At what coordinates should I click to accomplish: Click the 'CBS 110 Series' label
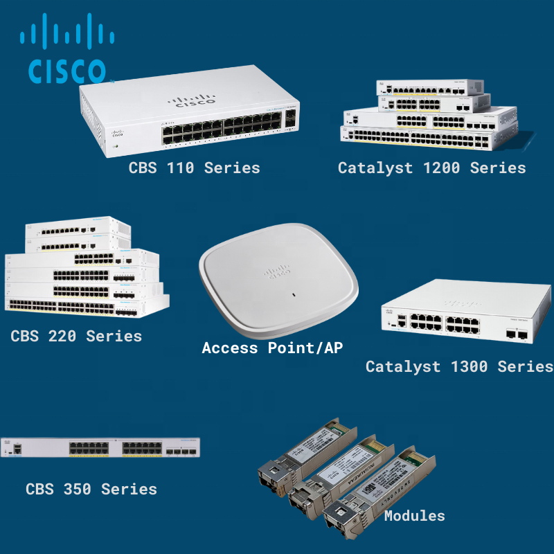[194, 168]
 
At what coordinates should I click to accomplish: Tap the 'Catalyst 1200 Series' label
[431, 168]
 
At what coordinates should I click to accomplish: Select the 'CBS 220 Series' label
[76, 337]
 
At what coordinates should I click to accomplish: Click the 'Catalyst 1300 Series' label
[459, 366]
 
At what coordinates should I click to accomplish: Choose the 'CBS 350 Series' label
[91, 489]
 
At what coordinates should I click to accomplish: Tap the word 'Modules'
[414, 515]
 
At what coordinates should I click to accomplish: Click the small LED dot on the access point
[294, 296]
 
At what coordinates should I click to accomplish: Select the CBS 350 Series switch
[100, 448]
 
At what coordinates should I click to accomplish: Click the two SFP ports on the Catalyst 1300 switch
[516, 335]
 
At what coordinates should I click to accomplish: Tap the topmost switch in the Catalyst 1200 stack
[430, 88]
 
